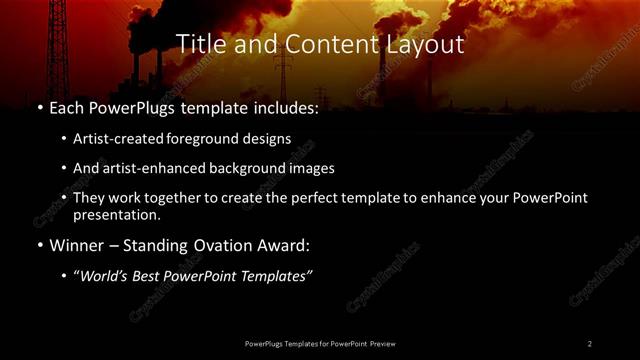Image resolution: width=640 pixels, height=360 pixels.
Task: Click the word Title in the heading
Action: coord(200,44)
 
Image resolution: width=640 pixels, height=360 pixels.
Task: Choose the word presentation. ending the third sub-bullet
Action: coord(117,214)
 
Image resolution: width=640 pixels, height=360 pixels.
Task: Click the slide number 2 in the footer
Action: coord(589,343)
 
